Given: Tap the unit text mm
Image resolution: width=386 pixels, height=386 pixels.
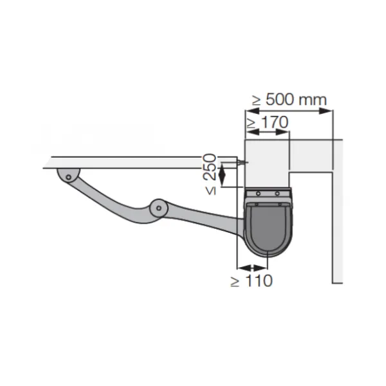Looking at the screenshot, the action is click(x=313, y=100).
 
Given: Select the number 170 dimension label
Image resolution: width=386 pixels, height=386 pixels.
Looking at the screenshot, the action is click(x=274, y=122).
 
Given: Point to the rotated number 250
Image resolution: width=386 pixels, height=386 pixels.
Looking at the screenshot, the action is click(x=210, y=167).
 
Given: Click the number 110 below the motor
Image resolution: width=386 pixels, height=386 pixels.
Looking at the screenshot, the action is click(x=259, y=280).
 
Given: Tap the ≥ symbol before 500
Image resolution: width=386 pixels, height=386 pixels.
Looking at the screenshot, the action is click(x=257, y=100).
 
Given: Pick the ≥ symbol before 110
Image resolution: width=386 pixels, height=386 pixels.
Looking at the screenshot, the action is click(x=235, y=282).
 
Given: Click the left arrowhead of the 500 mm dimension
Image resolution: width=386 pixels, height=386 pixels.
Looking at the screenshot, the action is click(x=252, y=111).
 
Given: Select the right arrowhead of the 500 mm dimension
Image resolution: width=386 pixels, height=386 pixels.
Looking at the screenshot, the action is click(x=326, y=111).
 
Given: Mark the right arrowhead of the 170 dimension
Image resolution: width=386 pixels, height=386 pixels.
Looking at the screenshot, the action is click(x=282, y=132).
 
